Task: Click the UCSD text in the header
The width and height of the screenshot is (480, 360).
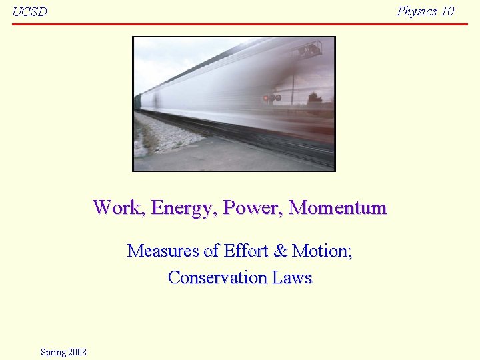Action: pos(29,12)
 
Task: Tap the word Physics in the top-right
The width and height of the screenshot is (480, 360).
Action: pos(417,11)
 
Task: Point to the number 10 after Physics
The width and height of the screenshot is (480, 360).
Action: pos(447,11)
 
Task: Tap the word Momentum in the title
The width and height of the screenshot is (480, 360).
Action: pos(337,207)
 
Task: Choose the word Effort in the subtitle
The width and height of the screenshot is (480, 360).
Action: pos(246,251)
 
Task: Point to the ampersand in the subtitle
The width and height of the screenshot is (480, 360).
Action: pos(281,251)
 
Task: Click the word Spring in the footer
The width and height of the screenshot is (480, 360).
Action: pos(53,352)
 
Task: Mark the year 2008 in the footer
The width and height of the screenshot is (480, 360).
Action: pos(77,352)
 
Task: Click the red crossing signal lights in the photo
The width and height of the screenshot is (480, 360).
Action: pos(271,97)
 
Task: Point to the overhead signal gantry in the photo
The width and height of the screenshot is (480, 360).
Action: pos(307,49)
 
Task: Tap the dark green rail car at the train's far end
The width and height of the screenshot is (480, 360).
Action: pos(138,102)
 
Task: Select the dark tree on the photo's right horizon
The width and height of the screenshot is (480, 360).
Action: pos(314,99)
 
